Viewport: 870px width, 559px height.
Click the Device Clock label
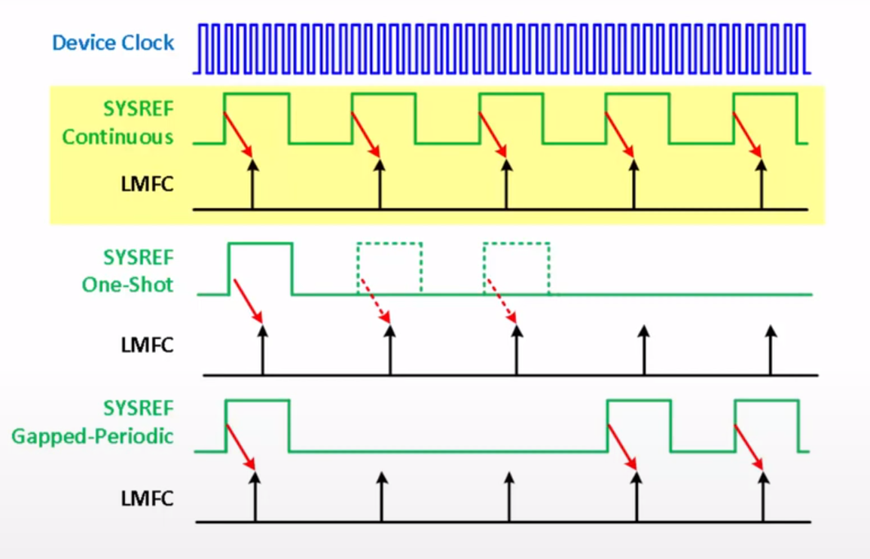pos(113,42)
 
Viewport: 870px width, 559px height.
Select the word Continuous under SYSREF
pos(118,137)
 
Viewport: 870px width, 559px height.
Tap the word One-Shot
pos(127,285)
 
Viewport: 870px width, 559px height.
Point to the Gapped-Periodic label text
pos(93,435)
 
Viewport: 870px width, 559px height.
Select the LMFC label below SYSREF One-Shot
pos(147,345)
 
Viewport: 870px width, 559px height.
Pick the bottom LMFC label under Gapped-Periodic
pos(147,498)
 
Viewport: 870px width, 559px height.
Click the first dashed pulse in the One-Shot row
pos(389,268)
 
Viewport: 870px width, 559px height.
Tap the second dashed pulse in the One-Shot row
pos(516,268)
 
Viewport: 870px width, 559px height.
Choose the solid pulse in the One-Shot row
pos(261,268)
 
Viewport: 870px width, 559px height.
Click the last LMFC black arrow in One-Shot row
pos(770,350)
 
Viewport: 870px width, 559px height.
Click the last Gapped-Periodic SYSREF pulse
pos(766,426)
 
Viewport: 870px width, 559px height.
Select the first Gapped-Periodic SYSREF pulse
pos(257,426)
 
